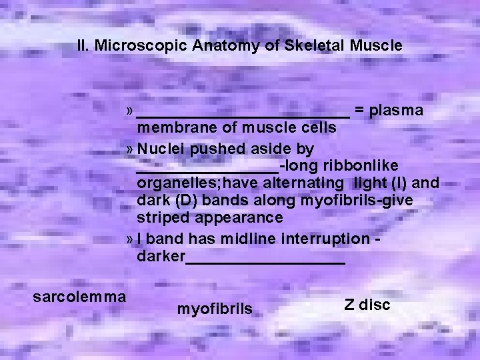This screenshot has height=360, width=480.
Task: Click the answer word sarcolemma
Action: click(x=79, y=295)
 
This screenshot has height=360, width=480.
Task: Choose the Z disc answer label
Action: click(x=367, y=305)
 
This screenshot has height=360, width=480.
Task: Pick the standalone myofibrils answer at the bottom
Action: click(x=215, y=309)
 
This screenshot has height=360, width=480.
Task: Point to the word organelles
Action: click(x=175, y=182)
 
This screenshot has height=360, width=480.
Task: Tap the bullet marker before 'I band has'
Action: click(x=130, y=239)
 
